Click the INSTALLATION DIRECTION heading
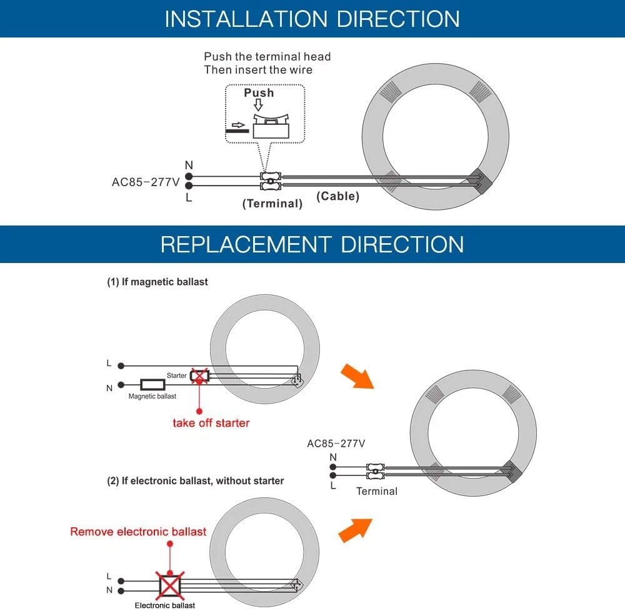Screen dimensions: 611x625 312,19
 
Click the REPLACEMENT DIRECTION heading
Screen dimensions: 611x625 312,244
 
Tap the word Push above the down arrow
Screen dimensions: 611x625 259,92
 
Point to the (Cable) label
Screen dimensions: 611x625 337,196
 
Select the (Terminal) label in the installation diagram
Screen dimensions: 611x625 272,203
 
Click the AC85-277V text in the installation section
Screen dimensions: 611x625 144,182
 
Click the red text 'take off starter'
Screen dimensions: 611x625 211,423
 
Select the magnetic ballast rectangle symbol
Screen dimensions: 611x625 152,385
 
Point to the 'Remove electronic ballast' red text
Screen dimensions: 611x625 138,532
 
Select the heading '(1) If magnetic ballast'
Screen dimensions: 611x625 157,282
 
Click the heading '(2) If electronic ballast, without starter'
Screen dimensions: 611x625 195,480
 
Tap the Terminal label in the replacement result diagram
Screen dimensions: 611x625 376,491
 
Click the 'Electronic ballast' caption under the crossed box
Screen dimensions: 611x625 165,605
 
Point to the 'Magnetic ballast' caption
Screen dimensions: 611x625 152,396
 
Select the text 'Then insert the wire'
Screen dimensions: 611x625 258,69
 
